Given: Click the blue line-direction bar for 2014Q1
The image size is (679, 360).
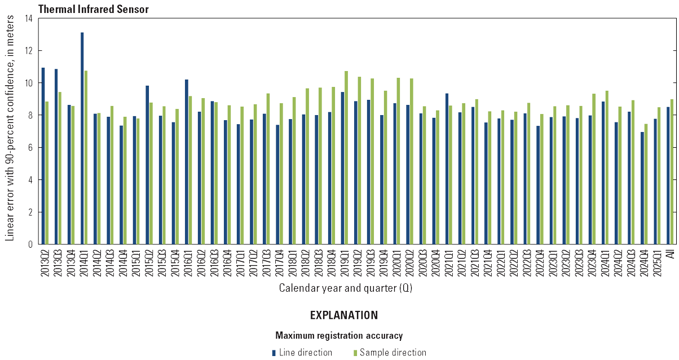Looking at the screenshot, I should pos(82,138).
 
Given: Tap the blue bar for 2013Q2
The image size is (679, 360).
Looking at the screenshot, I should pos(43,156).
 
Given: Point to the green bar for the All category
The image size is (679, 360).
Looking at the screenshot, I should pos(672,172).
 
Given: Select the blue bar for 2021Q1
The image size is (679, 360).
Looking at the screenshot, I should pos(447,169).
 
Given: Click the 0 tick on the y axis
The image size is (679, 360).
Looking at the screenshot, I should pos(32,244).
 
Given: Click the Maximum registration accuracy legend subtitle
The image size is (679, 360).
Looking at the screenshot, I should pos(339,336).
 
